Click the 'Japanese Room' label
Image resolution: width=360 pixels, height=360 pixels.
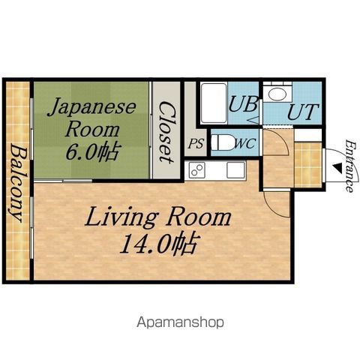click(x=91, y=118)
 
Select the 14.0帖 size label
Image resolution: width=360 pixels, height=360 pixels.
click(x=160, y=243)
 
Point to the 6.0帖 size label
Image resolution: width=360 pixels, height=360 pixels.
click(x=91, y=151)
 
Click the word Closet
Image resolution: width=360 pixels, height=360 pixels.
click(x=166, y=132)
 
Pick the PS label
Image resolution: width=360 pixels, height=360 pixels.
click(x=196, y=144)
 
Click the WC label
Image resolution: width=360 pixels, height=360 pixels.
click(x=246, y=144)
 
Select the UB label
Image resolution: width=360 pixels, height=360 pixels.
click(x=243, y=104)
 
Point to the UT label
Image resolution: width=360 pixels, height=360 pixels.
click(x=303, y=112)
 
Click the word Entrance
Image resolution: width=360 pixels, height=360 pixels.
click(x=350, y=166)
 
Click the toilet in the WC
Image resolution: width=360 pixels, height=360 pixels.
click(x=222, y=142)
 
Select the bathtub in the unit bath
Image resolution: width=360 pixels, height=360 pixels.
click(x=214, y=103)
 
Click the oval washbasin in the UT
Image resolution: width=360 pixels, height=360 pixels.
click(x=277, y=94)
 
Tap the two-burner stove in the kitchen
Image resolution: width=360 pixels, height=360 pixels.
click(x=197, y=170)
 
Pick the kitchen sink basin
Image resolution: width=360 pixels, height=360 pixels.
click(x=235, y=170)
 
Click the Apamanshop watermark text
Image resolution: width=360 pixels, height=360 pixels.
click(x=180, y=322)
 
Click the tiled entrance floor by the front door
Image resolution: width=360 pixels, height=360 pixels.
click(x=308, y=164)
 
